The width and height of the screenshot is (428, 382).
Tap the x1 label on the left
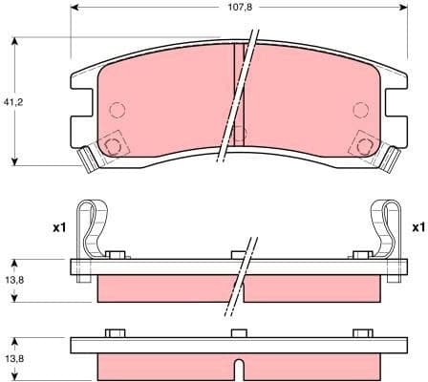point(57,228)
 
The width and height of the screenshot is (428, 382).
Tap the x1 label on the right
point(417,228)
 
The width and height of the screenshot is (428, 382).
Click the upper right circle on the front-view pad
point(360,108)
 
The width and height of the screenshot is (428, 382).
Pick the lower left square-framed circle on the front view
point(114,145)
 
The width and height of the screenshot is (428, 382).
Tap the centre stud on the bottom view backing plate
point(237,333)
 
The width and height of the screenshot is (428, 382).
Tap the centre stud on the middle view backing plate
point(237,254)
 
